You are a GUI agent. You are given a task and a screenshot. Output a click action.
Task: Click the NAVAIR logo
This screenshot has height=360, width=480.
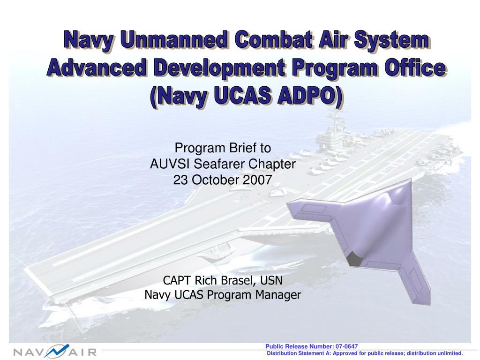pyautogui.click(x=54, y=351)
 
